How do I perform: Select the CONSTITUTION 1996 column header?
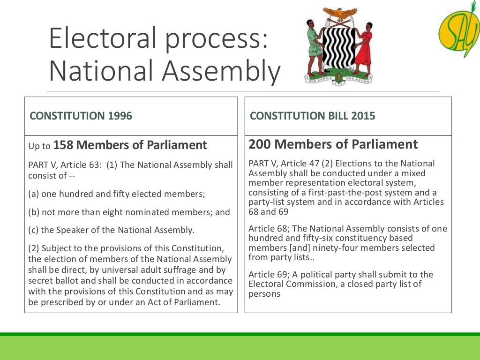tap(81, 116)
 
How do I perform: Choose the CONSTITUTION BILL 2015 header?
tap(313, 116)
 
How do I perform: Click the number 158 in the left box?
tap(63, 145)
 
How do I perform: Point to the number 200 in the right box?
tap(259, 144)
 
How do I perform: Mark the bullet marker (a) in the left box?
tap(33, 194)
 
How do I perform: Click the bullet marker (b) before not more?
tap(33, 212)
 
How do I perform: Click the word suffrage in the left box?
tap(162, 270)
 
